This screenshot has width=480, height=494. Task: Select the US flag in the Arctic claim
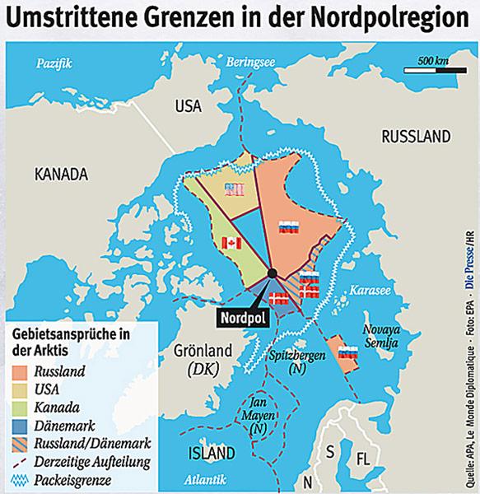pyautogui.click(x=235, y=190)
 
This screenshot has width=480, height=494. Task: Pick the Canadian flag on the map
pyautogui.click(x=232, y=242)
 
